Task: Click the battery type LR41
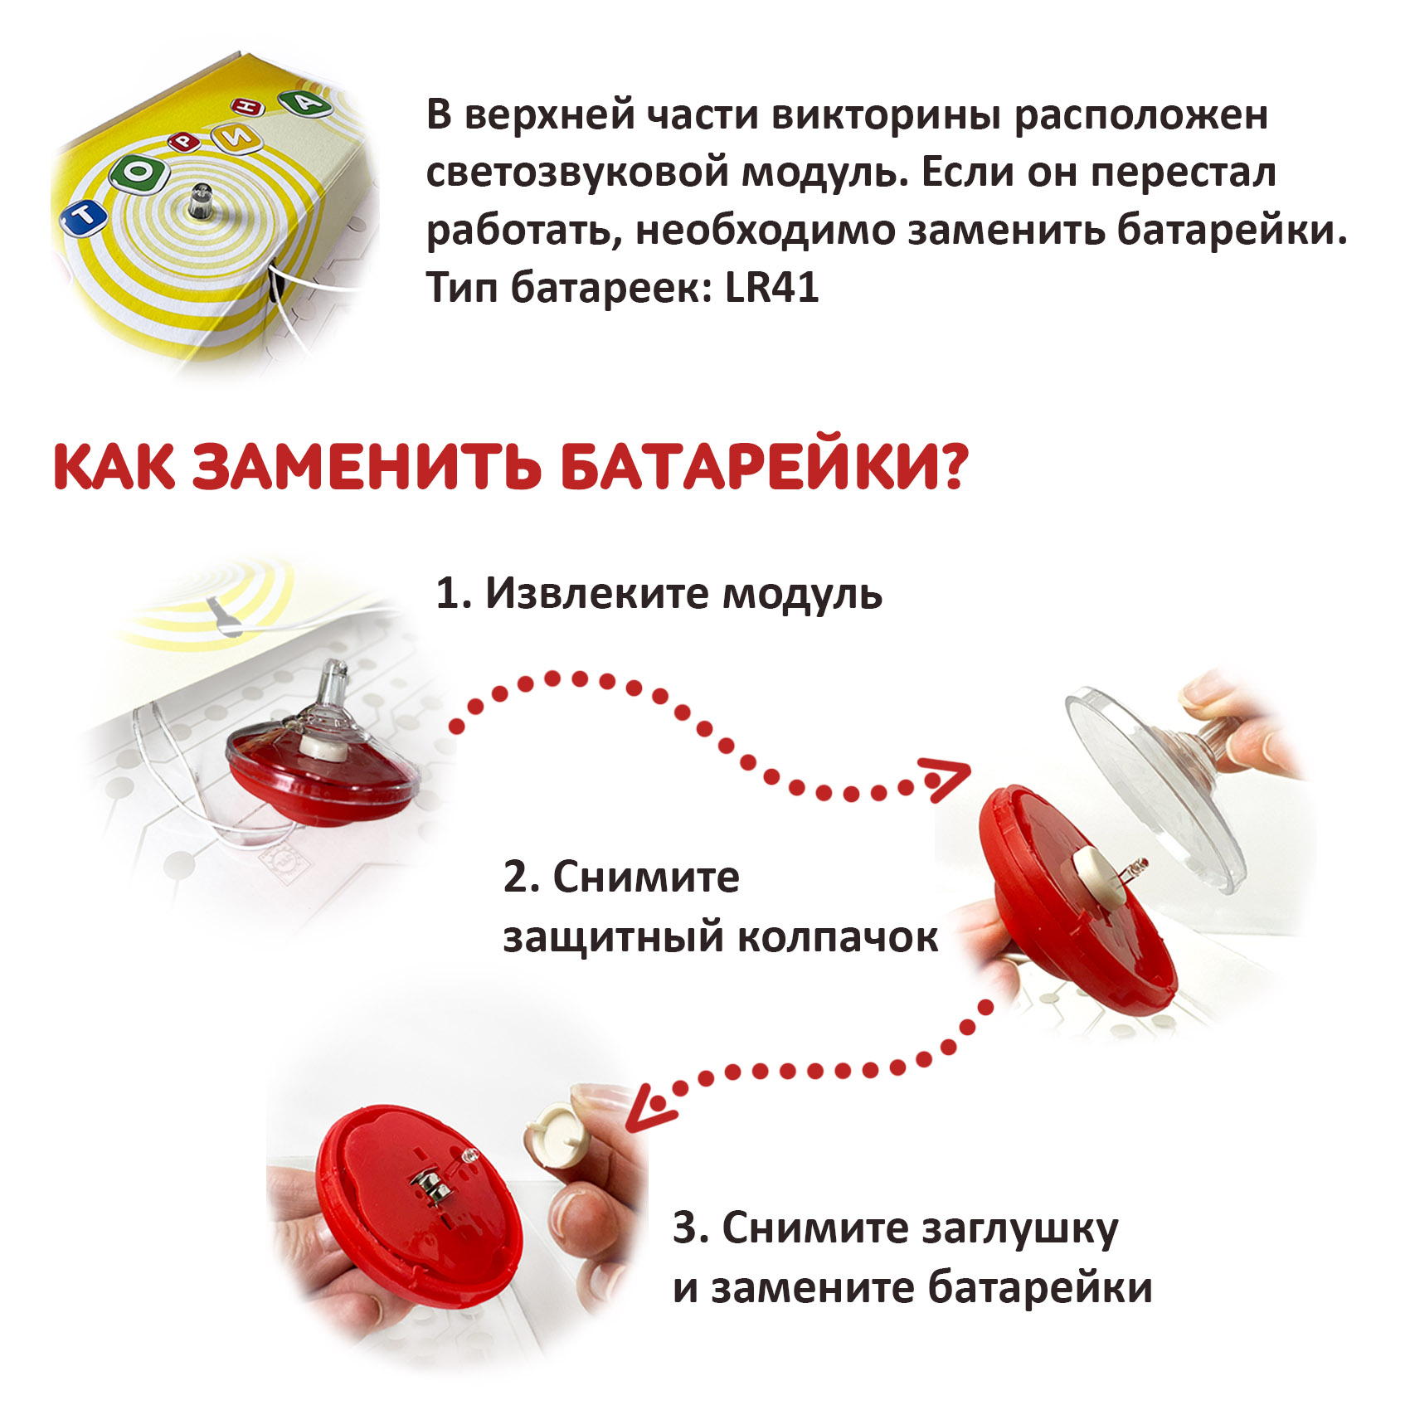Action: (772, 287)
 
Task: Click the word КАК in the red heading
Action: (114, 467)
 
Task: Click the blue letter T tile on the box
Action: (83, 218)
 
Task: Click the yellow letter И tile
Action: (241, 140)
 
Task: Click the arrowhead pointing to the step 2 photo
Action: (946, 779)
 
